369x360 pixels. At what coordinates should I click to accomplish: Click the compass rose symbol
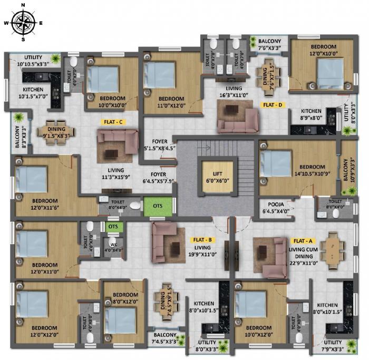pos(23,22)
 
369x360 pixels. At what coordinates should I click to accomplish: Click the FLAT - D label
pos(273,105)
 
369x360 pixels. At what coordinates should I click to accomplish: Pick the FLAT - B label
pos(201,239)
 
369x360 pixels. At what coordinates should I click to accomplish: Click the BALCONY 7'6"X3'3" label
pos(269,45)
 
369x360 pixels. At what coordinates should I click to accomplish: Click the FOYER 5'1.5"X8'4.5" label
pos(160,145)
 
